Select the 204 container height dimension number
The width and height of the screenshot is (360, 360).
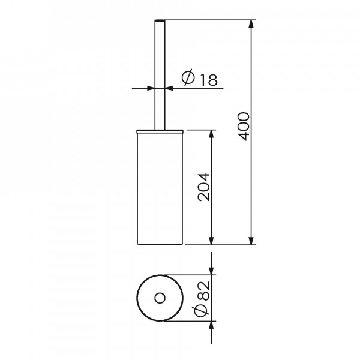[x=203, y=187]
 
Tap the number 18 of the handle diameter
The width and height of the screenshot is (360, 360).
[x=208, y=79]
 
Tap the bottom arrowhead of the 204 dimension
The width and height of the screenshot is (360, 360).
[x=211, y=241]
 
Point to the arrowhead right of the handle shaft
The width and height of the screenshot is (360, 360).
[x=170, y=88]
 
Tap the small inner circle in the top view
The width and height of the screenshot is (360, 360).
[x=160, y=298]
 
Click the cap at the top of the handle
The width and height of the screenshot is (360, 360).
[x=160, y=22]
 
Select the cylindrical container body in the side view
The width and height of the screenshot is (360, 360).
[x=160, y=186]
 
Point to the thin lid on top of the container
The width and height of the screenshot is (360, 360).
[x=160, y=129]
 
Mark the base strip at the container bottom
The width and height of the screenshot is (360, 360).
[x=160, y=244]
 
